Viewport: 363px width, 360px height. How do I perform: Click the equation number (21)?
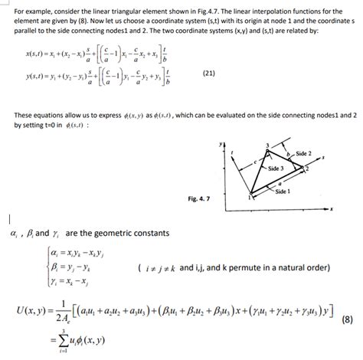point(208,73)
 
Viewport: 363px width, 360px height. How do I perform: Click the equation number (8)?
point(348,317)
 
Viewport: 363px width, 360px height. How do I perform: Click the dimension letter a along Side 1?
point(280,185)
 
